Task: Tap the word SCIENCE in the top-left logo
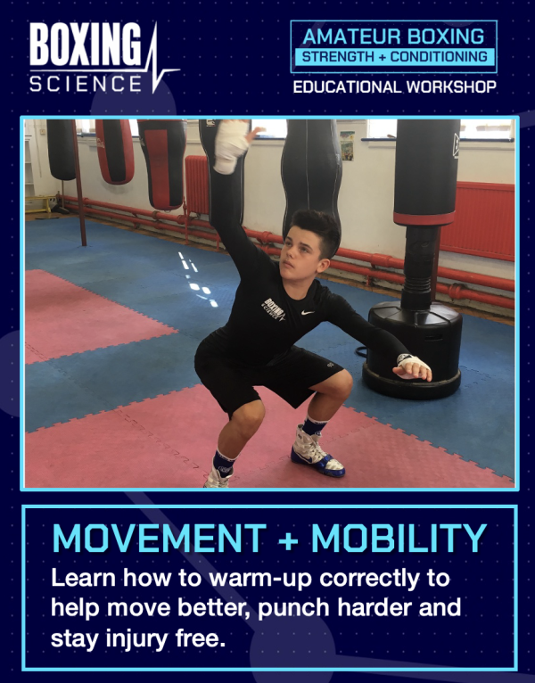tap(86, 83)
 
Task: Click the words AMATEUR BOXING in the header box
tap(393, 37)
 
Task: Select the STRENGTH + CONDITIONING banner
tap(394, 57)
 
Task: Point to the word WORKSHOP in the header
tap(451, 86)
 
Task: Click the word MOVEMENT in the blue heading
tap(159, 538)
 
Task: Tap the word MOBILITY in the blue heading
tap(399, 538)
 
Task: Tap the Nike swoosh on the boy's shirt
tap(308, 312)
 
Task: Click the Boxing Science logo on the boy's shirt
tap(274, 309)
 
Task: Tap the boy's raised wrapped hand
tap(231, 145)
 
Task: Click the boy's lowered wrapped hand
tap(412, 366)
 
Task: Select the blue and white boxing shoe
tap(317, 452)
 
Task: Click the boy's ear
tap(323, 266)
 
